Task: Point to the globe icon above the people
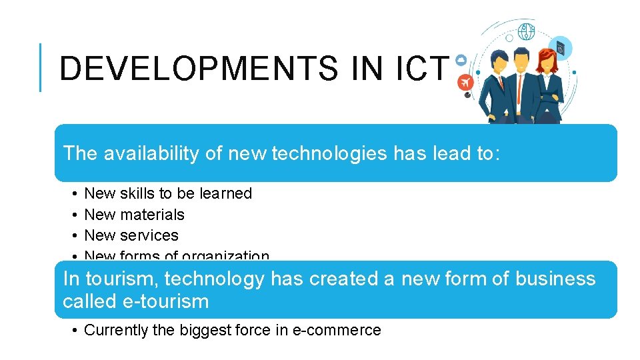coord(527,31)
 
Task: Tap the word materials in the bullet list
coord(153,215)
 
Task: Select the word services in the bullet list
coord(149,235)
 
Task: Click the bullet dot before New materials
coord(72,215)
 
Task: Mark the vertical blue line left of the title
coord(41,67)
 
